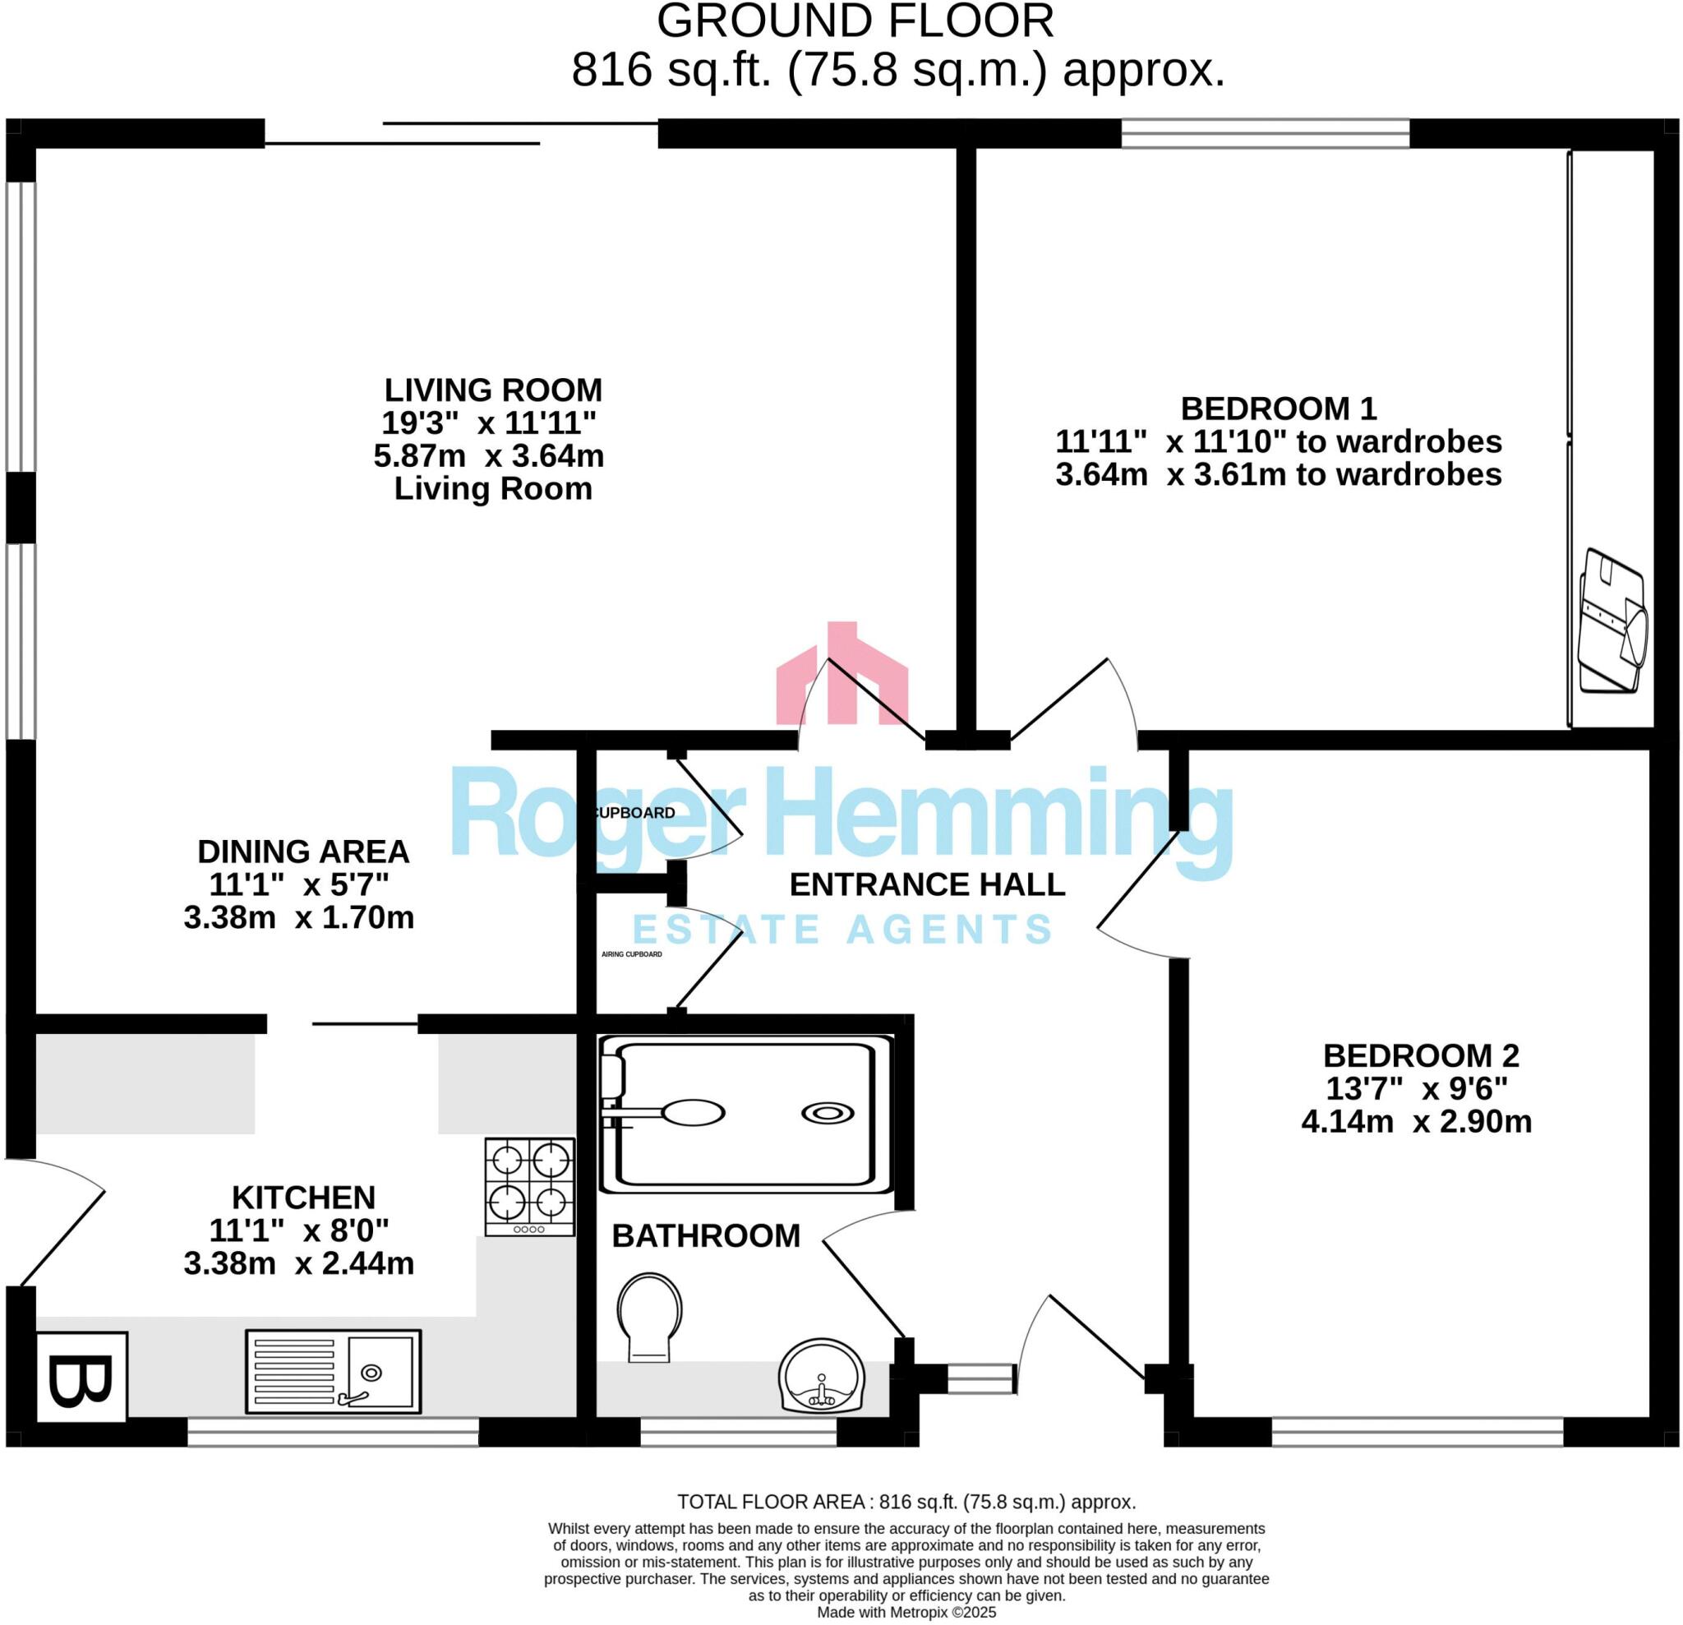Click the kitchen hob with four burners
[x=530, y=1186]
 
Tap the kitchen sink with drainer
[x=333, y=1372]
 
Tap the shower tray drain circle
[x=828, y=1113]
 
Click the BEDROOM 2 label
[x=1420, y=1055]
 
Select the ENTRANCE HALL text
[x=926, y=884]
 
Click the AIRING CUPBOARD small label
[x=631, y=954]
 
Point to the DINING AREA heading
[x=303, y=852]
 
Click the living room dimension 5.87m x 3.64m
[x=489, y=456]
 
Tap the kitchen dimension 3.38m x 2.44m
[x=299, y=1263]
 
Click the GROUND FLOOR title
[x=855, y=21]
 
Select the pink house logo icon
[x=841, y=674]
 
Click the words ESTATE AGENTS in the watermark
[x=841, y=930]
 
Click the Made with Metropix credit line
[x=906, y=1612]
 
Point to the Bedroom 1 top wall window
[x=1265, y=134]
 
